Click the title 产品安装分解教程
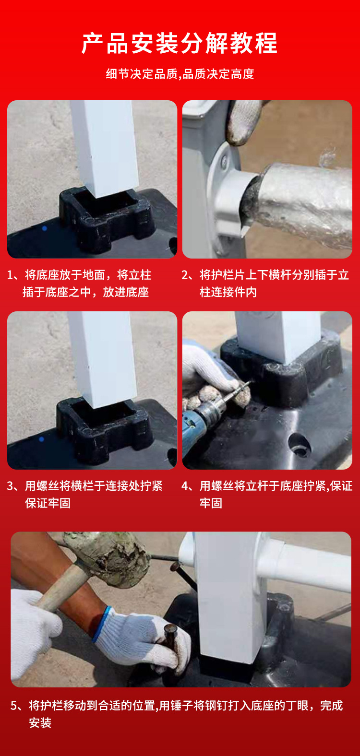click(180, 43)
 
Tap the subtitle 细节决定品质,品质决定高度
click(180, 74)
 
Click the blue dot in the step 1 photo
click(45, 228)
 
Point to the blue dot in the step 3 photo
click(42, 439)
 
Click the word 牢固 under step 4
click(211, 503)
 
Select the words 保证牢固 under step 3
click(48, 503)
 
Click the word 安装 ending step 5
click(40, 722)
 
